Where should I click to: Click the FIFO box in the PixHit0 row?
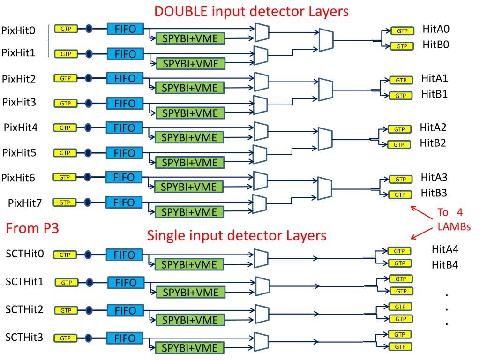pyautogui.click(x=125, y=29)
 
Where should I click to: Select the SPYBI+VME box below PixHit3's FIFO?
pyautogui.click(x=190, y=113)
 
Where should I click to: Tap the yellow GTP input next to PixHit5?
pyautogui.click(x=65, y=153)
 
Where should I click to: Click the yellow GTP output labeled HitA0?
pyautogui.click(x=402, y=30)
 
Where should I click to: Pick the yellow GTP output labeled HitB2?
pyautogui.click(x=399, y=144)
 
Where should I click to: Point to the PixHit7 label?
pyautogui.click(x=25, y=203)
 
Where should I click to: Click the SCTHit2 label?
pyautogui.click(x=24, y=309)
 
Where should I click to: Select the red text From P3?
pyautogui.click(x=32, y=228)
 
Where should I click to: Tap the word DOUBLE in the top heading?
pyautogui.click(x=181, y=11)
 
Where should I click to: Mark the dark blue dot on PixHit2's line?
pyautogui.click(x=88, y=78)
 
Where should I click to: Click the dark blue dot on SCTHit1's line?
pyautogui.click(x=90, y=283)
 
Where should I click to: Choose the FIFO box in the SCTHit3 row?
pyautogui.click(x=125, y=338)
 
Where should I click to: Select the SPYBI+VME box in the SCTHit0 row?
pyautogui.click(x=189, y=264)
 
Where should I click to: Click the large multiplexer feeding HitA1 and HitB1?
pyautogui.click(x=326, y=90)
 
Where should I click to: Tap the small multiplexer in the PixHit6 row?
pyautogui.click(x=261, y=180)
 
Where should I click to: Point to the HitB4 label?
pyautogui.click(x=445, y=265)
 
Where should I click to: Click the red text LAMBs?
pyautogui.click(x=454, y=226)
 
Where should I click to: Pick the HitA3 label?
pyautogui.click(x=434, y=177)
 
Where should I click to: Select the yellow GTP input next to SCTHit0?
pyautogui.click(x=65, y=255)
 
